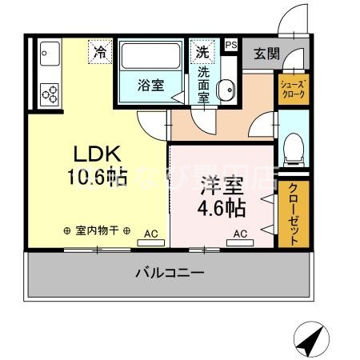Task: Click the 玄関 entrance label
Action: click(x=266, y=54)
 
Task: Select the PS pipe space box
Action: click(x=231, y=45)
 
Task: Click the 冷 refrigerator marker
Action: click(x=100, y=53)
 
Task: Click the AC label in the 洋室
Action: click(x=239, y=234)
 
